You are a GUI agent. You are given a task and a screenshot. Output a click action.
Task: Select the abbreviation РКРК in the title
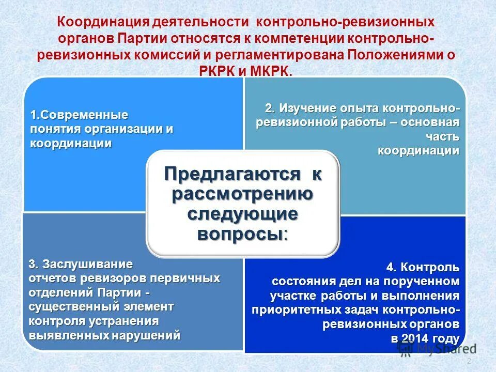218,71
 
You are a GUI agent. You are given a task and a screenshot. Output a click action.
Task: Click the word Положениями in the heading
393,55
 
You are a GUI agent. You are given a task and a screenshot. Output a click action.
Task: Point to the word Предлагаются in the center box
232,174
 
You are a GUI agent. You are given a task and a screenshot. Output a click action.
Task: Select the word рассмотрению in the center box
242,194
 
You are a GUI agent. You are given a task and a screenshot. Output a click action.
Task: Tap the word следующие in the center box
242,213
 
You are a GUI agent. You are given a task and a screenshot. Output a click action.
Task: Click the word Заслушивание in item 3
87,264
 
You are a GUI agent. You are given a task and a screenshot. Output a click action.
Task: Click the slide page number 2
469,361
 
